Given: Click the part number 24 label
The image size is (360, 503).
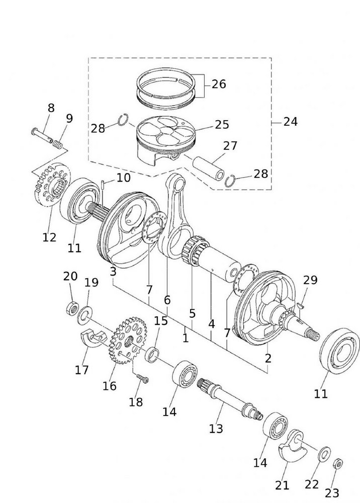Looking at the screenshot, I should pyautogui.click(x=290, y=121).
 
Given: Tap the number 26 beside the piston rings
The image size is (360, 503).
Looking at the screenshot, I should pyautogui.click(x=219, y=83).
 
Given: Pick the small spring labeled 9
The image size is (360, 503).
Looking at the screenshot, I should pyautogui.click(x=59, y=145).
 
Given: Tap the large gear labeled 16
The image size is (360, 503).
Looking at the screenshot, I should pyautogui.click(x=125, y=337).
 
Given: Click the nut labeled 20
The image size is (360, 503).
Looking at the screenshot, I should pyautogui.click(x=71, y=307).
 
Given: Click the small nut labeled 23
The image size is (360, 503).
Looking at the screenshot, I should pyautogui.click(x=338, y=463).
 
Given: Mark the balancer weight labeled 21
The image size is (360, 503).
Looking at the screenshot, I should pyautogui.click(x=295, y=445).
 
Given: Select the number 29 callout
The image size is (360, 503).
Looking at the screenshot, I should pyautogui.click(x=310, y=280).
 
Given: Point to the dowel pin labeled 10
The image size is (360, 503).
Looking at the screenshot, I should pyautogui.click(x=102, y=185).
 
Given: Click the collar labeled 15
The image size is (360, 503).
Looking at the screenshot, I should pyautogui.click(x=152, y=354).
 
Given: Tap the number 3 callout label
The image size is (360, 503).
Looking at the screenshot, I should pyautogui.click(x=113, y=272).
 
